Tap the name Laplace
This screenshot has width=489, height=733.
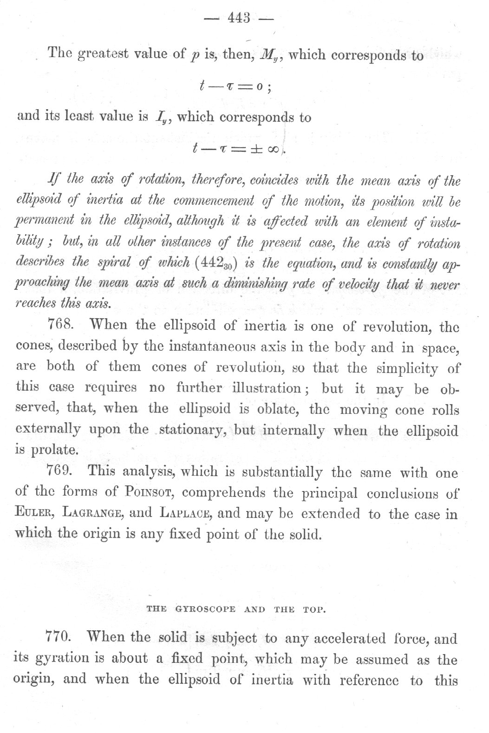tap(186, 513)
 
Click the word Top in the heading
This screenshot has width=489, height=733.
tap(314, 609)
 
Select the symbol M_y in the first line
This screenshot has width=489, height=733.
tap(268, 55)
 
